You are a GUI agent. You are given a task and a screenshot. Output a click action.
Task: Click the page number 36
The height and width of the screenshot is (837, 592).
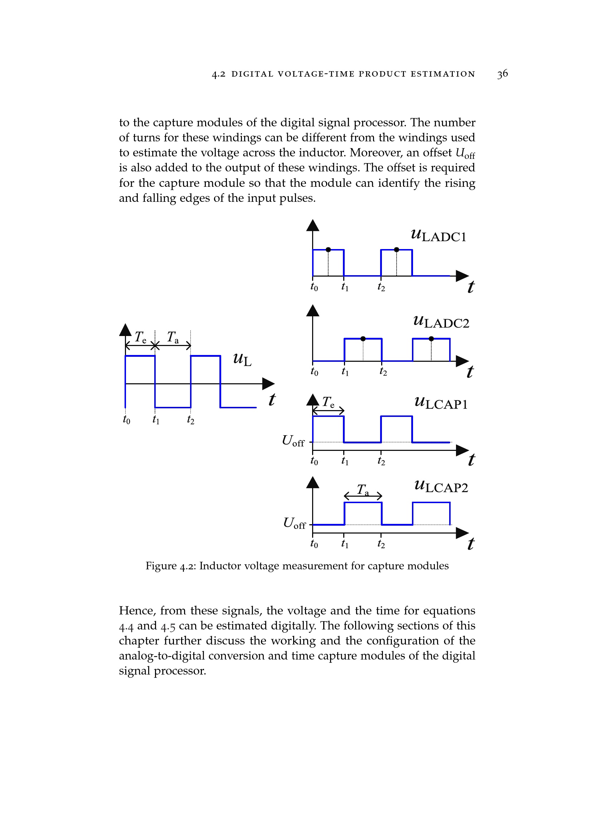502,74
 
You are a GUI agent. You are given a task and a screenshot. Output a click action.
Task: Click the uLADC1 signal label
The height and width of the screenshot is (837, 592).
438,235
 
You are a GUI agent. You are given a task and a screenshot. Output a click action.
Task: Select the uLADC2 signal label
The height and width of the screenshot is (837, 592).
441,322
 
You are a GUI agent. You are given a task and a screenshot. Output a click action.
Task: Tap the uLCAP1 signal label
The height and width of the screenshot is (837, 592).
441,403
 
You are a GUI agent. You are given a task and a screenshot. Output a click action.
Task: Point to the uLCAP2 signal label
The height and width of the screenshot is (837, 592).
441,486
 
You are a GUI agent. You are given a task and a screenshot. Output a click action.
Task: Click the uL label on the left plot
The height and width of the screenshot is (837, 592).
242,359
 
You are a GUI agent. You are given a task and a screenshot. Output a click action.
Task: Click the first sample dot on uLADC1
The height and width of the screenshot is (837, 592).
328,250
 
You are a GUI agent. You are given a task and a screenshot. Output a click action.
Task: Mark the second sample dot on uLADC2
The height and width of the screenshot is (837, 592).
431,339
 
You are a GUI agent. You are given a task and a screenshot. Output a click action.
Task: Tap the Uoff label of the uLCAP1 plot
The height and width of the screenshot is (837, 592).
293,441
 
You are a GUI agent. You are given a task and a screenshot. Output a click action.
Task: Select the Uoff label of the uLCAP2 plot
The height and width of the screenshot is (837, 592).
294,524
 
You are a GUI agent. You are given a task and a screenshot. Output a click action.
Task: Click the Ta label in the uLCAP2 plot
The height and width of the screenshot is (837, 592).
363,490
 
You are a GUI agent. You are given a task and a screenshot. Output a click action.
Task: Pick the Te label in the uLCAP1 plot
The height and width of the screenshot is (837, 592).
328,402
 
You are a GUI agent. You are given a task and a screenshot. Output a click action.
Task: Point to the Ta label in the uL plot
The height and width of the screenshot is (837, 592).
173,337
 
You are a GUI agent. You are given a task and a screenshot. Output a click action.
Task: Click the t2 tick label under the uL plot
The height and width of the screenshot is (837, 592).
191,420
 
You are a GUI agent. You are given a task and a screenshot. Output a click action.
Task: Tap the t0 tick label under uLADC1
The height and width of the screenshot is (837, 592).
314,287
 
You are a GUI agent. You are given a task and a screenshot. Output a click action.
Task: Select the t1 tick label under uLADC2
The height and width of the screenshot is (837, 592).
345,372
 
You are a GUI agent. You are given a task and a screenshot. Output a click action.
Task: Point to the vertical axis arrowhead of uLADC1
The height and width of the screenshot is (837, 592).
312,226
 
